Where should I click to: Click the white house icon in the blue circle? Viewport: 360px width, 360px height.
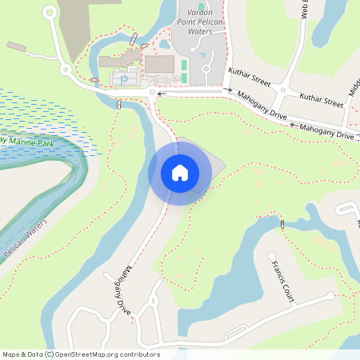pos(180,172)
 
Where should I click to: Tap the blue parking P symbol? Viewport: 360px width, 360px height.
pos(123,79)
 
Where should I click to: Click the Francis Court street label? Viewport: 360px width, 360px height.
pos(282,282)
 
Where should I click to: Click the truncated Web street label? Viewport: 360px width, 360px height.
pos(304,9)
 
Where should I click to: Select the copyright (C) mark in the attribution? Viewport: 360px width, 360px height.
pos(49,354)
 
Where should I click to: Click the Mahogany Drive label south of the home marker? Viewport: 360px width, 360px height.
pos(118,287)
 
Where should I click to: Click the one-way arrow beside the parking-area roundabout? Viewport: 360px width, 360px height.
pos(161,94)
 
